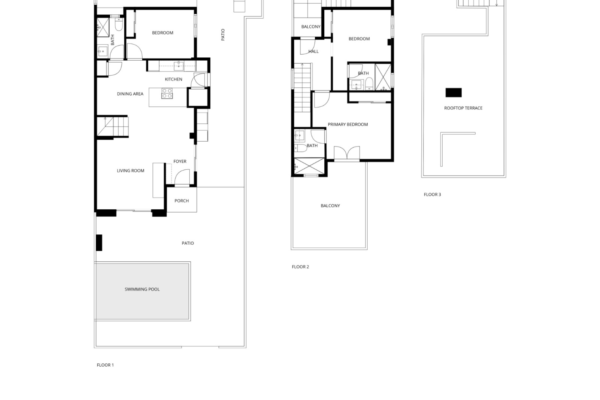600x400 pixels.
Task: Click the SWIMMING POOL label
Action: pyautogui.click(x=142, y=289)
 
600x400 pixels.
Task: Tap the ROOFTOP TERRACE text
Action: pyautogui.click(x=463, y=108)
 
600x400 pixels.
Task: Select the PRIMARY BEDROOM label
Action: pyautogui.click(x=348, y=124)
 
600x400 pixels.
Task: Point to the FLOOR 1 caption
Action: pyautogui.click(x=105, y=365)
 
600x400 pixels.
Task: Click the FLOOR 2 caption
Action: pyautogui.click(x=300, y=267)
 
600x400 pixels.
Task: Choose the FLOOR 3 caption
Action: pyautogui.click(x=432, y=194)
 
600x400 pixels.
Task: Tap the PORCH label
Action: pyautogui.click(x=182, y=201)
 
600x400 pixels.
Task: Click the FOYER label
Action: pyautogui.click(x=180, y=162)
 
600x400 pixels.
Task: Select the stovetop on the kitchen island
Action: pyautogui.click(x=167, y=93)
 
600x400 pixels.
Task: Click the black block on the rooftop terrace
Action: pyautogui.click(x=453, y=92)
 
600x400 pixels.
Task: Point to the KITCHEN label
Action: pyautogui.click(x=173, y=79)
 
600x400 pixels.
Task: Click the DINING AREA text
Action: pyautogui.click(x=130, y=94)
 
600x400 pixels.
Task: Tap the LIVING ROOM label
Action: pyautogui.click(x=131, y=171)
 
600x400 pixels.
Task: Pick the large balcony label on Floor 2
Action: pyautogui.click(x=330, y=206)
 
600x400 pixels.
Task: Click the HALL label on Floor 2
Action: pyautogui.click(x=313, y=52)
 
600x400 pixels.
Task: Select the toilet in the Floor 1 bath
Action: pyautogui.click(x=119, y=24)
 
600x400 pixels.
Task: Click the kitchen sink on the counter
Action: pyautogui.click(x=178, y=65)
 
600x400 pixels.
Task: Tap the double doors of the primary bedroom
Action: pyautogui.click(x=347, y=153)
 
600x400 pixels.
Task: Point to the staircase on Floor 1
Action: pyautogui.click(x=112, y=126)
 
